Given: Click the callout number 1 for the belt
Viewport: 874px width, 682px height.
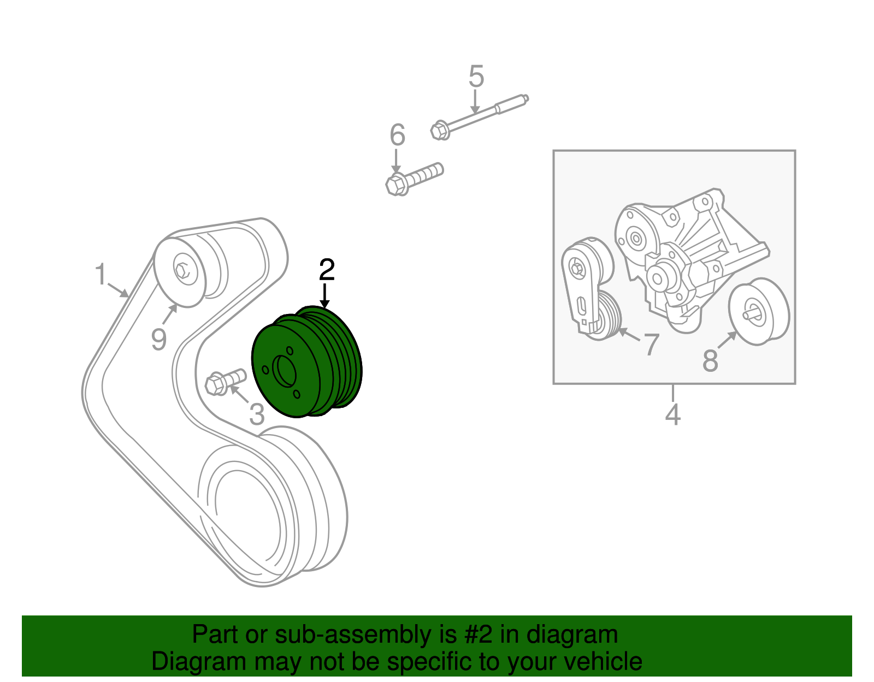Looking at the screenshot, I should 100,274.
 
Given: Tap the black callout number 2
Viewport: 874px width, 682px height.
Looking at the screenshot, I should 327,270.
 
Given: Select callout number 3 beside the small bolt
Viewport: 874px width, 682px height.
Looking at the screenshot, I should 257,413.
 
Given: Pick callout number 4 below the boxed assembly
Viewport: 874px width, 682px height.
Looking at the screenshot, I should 673,414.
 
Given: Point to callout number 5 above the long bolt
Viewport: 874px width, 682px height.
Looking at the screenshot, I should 476,76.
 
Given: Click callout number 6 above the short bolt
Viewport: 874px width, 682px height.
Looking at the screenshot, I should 397,135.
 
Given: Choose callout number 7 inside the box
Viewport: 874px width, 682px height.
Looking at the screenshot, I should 651,345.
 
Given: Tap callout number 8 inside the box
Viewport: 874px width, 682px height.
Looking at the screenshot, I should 710,360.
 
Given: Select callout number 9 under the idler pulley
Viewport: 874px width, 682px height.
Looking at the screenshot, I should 158,340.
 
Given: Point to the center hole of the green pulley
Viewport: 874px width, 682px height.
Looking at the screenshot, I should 284,372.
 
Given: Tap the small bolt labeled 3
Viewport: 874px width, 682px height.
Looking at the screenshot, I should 225,381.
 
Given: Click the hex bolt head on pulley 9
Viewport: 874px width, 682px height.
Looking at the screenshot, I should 182,269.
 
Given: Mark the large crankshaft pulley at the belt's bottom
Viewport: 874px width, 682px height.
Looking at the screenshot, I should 273,508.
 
